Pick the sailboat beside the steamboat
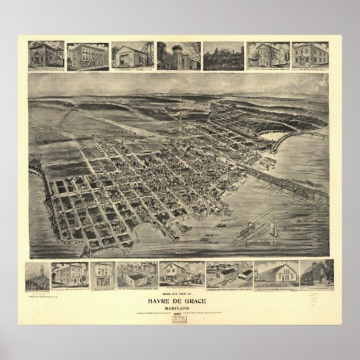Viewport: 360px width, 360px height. point(273,228)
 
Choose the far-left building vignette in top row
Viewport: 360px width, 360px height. point(47,55)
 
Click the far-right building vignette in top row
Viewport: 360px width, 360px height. point(310,55)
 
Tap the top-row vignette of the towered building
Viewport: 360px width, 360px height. point(179,55)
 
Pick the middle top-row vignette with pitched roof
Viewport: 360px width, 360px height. point(133,55)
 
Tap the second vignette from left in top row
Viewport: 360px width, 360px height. point(89,55)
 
